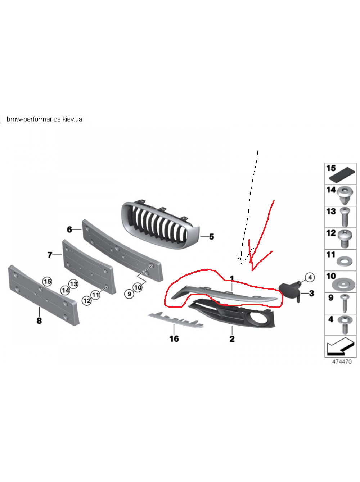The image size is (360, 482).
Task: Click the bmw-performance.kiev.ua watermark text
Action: pyautogui.click(x=44, y=119)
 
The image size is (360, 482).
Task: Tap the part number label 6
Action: pyautogui.click(x=69, y=229)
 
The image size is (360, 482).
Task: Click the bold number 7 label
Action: pyautogui.click(x=50, y=255)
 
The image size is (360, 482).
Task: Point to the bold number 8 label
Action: pyautogui.click(x=39, y=321)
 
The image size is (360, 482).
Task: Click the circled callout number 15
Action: pyautogui.click(x=48, y=282)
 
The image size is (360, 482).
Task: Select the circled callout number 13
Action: pyautogui.click(x=74, y=284)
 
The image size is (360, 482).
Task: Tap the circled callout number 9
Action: pyautogui.click(x=129, y=294)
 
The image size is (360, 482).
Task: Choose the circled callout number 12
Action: pyautogui.click(x=87, y=301)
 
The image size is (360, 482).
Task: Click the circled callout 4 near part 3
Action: pyautogui.click(x=310, y=277)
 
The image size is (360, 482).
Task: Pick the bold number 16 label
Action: pyautogui.click(x=174, y=338)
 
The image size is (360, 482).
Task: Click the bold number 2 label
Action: pyautogui.click(x=232, y=339)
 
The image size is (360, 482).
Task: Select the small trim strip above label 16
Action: pyautogui.click(x=176, y=320)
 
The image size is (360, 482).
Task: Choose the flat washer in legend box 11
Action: pyautogui.click(x=344, y=261)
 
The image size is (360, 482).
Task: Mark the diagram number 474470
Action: pyautogui.click(x=342, y=361)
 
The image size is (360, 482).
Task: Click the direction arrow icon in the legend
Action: pyautogui.click(x=341, y=346)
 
